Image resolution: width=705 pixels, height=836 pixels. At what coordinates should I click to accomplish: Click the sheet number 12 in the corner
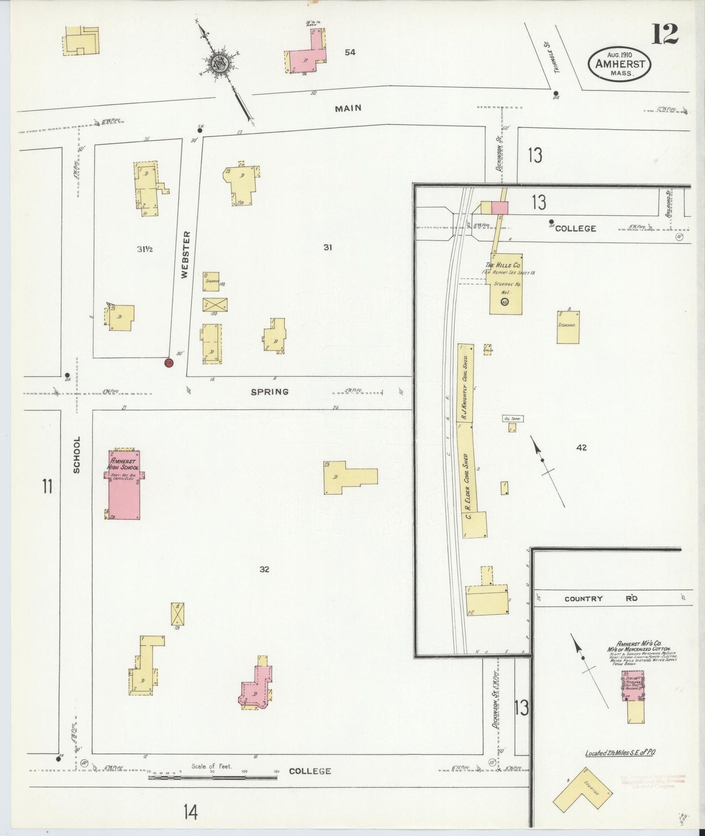(665, 34)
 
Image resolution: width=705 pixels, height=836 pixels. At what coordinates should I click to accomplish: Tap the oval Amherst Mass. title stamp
(620, 64)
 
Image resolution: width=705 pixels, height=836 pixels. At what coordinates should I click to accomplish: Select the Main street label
(348, 108)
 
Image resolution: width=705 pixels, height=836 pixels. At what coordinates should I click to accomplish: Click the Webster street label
(185, 255)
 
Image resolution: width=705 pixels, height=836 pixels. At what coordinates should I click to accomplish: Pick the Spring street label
(270, 392)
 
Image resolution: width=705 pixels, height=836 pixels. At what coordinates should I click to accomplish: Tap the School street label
(77, 455)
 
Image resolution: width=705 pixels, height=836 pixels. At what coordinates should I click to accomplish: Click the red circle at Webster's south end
(169, 363)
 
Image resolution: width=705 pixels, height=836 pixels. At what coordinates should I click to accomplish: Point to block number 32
(264, 569)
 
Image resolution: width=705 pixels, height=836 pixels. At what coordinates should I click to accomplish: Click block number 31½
(145, 249)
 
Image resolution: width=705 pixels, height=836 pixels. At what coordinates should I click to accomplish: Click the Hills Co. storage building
(506, 283)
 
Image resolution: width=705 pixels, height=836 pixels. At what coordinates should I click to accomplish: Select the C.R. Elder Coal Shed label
(467, 486)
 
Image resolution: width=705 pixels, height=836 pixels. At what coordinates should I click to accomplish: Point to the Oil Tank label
(513, 418)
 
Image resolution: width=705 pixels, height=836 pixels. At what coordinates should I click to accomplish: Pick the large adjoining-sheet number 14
(190, 812)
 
